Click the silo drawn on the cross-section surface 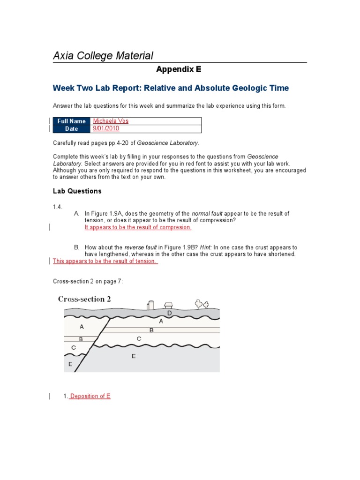(150, 305)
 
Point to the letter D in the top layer (169, 313)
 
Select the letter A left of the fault (82, 327)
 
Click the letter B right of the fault (151, 330)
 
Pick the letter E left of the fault (70, 364)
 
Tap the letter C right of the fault (139, 338)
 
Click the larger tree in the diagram (199, 304)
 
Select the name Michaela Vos (111, 121)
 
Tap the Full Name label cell (71, 121)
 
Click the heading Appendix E (178, 69)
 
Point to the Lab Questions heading (77, 191)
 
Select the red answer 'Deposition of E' (90, 396)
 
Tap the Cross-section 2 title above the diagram (84, 299)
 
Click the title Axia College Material (103, 56)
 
